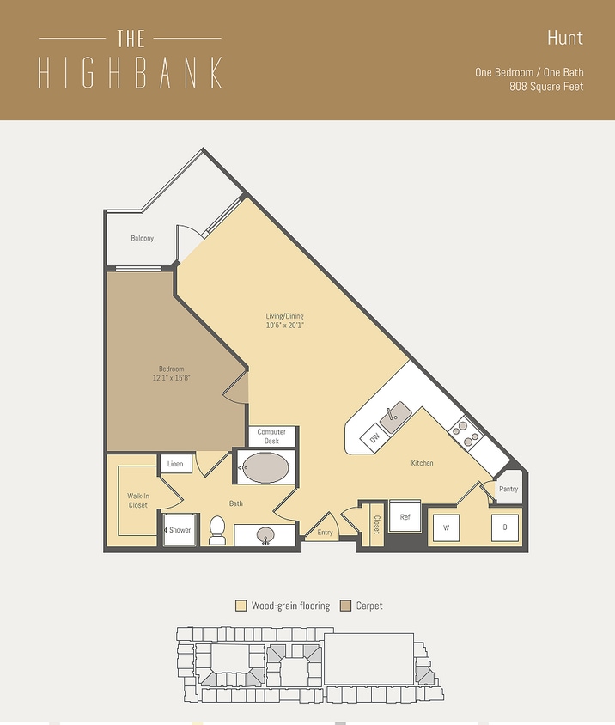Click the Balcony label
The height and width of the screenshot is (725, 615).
[x=143, y=238]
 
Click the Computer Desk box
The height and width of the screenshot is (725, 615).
[x=271, y=436]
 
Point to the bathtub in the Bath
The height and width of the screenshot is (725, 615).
[x=265, y=470]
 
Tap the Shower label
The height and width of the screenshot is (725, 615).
[x=180, y=530]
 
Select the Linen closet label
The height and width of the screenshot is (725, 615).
[x=175, y=464]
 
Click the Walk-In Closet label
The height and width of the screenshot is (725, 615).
[x=137, y=500]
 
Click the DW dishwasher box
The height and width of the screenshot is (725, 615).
[x=374, y=439]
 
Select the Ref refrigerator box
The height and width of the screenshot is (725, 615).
[x=405, y=517]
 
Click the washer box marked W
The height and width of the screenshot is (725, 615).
[x=445, y=527]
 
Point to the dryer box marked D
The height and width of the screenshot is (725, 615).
[x=504, y=527]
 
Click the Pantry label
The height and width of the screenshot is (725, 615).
[x=508, y=489]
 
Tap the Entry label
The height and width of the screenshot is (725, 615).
[x=325, y=533]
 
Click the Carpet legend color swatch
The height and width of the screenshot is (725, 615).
[x=346, y=606]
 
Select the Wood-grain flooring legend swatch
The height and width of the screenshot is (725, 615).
[x=241, y=606]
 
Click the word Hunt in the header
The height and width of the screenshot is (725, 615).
[x=564, y=38]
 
